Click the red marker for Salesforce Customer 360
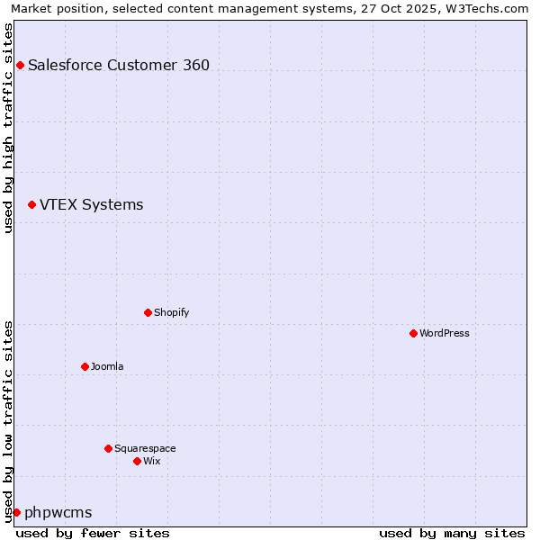click(20, 65)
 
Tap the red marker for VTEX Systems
click(31, 205)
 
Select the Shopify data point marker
click(148, 312)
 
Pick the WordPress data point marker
click(413, 333)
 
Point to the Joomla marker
click(85, 366)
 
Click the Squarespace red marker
click(108, 448)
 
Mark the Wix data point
click(137, 461)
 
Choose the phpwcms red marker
click(16, 512)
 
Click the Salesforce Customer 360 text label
click(119, 65)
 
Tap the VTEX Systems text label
click(91, 205)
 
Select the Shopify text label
click(171, 312)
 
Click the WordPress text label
click(444, 333)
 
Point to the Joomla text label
click(107, 366)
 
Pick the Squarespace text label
click(145, 448)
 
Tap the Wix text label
click(151, 461)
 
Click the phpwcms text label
click(58, 513)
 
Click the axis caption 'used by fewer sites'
click(93, 533)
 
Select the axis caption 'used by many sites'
click(451, 533)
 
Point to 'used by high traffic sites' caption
click(8, 128)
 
